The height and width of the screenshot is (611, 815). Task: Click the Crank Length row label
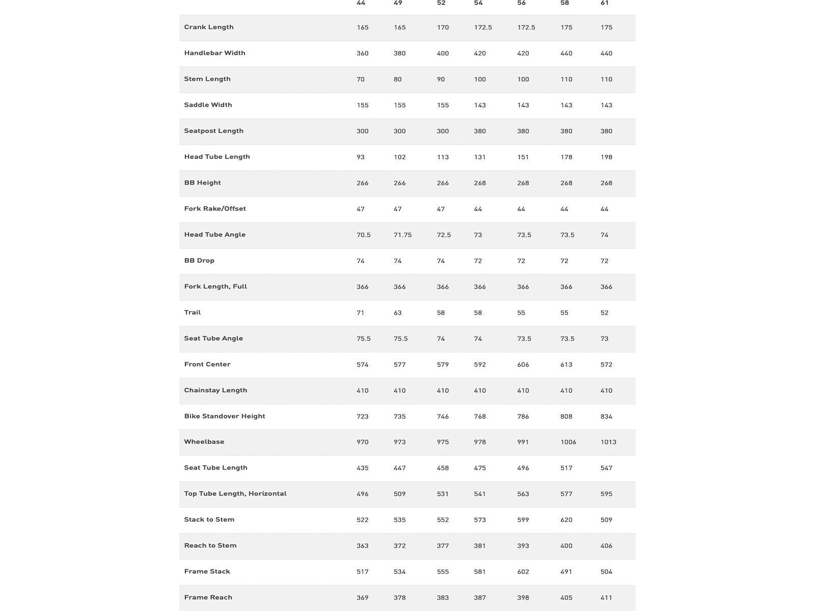[x=209, y=27]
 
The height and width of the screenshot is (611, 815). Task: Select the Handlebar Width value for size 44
[x=362, y=53]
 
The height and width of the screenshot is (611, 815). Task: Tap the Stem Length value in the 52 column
[x=441, y=79]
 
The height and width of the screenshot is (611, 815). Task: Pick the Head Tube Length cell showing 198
[x=606, y=157]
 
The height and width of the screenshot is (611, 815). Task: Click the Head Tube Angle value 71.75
[x=402, y=235]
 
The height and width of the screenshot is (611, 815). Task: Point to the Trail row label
[x=193, y=313]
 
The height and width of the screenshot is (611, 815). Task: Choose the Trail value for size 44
[x=360, y=313]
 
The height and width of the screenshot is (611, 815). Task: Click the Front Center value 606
[x=523, y=365]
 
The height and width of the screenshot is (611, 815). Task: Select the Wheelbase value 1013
[x=608, y=442]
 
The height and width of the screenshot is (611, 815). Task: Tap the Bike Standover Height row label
[x=225, y=416]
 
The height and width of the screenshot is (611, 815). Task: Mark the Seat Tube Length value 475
[x=480, y=468]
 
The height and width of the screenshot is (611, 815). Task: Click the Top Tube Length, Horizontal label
[x=235, y=493]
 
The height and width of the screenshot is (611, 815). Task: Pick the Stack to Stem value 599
[x=523, y=520]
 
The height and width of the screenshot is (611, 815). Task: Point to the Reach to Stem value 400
[x=566, y=546]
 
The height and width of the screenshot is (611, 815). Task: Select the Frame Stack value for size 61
[x=606, y=572]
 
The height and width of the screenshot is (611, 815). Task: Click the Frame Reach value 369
[x=362, y=598]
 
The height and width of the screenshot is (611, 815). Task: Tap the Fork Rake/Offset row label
[x=215, y=209]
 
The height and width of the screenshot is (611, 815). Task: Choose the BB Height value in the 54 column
[x=480, y=183]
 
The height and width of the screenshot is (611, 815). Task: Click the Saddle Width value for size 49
[x=399, y=105]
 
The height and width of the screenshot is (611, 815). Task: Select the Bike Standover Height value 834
[x=606, y=416]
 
